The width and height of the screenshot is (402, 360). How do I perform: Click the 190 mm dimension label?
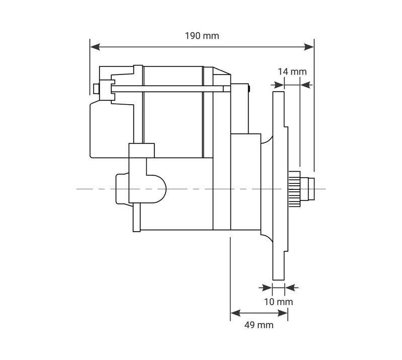[202, 36]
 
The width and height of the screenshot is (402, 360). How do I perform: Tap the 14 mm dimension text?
[292, 71]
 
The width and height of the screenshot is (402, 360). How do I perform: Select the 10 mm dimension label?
[278, 302]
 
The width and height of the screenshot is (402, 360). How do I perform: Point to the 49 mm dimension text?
[259, 325]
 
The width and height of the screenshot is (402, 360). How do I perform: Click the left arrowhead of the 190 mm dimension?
[94, 47]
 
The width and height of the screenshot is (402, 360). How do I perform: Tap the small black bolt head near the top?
[250, 89]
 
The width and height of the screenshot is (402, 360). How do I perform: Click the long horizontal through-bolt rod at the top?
[166, 89]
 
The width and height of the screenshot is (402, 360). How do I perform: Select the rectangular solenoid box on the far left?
[108, 128]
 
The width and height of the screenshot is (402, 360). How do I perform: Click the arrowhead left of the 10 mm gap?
[267, 288]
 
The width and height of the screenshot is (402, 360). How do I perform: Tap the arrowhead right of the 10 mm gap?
[289, 288]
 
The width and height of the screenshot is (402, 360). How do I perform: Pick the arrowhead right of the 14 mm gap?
[305, 85]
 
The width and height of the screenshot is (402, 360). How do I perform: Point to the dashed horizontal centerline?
[201, 189]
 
